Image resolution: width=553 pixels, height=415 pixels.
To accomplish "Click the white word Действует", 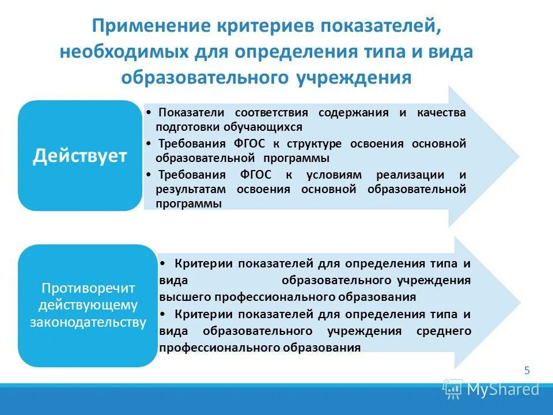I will click(79, 156).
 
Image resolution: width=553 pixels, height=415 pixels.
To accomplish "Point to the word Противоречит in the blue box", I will click(87, 288).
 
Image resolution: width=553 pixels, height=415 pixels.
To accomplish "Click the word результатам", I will click(190, 189).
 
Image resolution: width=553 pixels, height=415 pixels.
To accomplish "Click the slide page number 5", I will click(527, 371).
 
